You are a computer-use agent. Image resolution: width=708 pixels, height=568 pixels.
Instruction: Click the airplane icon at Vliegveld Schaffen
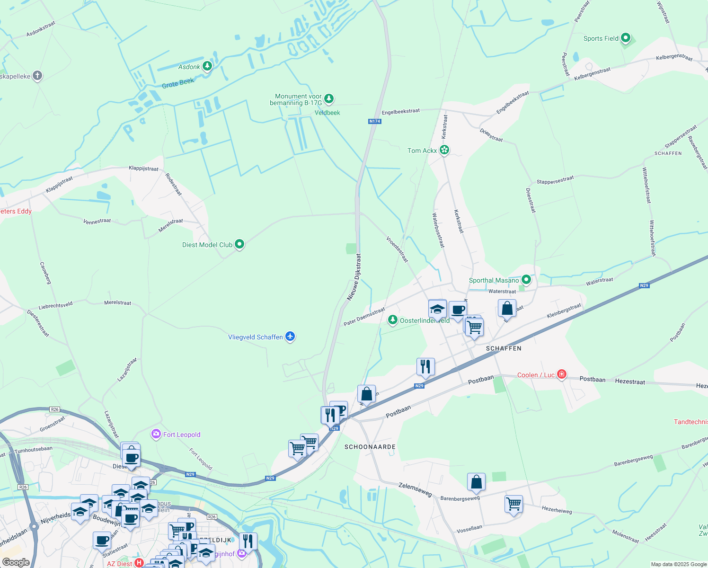[x=290, y=337]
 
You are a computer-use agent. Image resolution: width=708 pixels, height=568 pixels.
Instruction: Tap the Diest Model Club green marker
[x=239, y=244]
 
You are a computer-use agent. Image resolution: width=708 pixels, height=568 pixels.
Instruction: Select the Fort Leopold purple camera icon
[x=156, y=434]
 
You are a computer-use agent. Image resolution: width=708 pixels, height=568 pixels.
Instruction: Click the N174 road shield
[x=374, y=121]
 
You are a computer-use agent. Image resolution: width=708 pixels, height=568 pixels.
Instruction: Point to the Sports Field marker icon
[x=626, y=38]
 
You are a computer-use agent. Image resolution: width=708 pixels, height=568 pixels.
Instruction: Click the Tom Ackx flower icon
[x=444, y=150]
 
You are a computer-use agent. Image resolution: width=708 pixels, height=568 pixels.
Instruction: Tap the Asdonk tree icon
[x=207, y=66]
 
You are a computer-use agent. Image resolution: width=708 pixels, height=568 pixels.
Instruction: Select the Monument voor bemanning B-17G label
[x=296, y=99]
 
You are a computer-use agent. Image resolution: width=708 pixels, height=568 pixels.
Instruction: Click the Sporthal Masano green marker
[x=526, y=280]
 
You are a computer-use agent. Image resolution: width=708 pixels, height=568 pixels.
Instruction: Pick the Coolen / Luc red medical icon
[x=562, y=374]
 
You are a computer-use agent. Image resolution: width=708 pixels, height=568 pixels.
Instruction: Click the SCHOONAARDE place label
[x=370, y=447]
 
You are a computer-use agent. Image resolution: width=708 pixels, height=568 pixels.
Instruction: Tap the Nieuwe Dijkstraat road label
[x=354, y=277]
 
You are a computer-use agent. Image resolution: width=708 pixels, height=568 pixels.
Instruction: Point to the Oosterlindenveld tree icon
[x=392, y=320]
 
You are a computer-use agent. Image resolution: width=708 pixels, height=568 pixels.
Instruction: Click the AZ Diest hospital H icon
[x=139, y=563]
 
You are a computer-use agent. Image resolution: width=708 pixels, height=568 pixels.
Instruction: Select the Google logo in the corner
[x=16, y=562]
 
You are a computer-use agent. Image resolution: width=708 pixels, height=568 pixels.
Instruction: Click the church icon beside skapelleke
[x=37, y=76]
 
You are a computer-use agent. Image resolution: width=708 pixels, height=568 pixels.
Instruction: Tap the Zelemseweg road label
[x=415, y=489]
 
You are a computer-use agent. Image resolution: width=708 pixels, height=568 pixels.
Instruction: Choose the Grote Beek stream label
[x=178, y=83]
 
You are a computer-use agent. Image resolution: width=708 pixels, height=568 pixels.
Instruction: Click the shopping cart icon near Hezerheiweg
[x=513, y=504]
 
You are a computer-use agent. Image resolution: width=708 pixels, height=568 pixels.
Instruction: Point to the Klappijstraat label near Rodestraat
[x=143, y=169]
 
